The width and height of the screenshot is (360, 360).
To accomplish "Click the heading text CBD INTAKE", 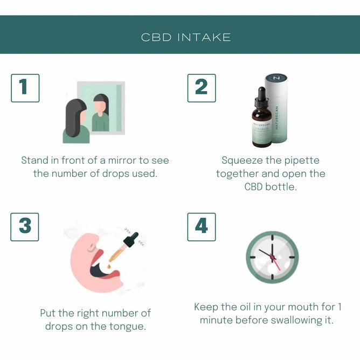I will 186,37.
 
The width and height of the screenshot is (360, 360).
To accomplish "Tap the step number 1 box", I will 25,88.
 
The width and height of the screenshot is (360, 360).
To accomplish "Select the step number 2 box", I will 201,88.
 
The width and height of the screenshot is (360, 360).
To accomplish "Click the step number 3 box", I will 25,227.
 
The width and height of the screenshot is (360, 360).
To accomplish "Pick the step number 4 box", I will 201,227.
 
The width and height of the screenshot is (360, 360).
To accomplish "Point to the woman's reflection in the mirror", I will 100,113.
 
